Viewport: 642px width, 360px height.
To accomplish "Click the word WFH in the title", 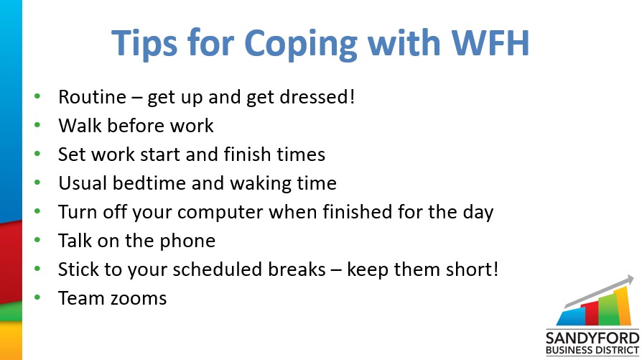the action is click(x=490, y=42).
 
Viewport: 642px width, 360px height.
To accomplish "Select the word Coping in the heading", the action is click(x=300, y=45).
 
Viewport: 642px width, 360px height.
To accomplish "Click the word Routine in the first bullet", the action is click(x=92, y=97).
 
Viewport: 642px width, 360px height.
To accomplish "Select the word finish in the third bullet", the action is click(x=247, y=154).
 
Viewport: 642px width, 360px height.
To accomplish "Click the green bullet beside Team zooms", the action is click(x=37, y=297).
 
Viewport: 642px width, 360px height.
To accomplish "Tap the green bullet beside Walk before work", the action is click(x=37, y=124).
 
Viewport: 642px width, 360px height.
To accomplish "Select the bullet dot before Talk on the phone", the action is click(x=37, y=239).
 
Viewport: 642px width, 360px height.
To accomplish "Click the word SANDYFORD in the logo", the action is click(x=592, y=338).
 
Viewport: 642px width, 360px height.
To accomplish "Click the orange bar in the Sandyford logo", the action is click(x=622, y=306).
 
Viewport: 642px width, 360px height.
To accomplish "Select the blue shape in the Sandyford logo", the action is click(x=571, y=317).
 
